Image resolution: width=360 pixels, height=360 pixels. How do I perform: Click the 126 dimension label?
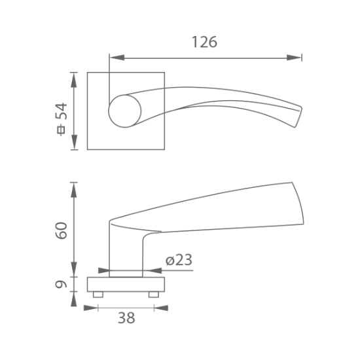pyautogui.click(x=204, y=42)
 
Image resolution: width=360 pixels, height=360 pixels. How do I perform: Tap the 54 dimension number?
pyautogui.click(x=62, y=111)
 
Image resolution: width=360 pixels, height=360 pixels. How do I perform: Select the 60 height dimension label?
pyautogui.click(x=62, y=230)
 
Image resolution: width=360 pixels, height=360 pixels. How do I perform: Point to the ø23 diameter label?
pyautogui.click(x=179, y=260)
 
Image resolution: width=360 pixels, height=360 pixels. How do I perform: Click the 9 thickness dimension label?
pyautogui.click(x=61, y=285)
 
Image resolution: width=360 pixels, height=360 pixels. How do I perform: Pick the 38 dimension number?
pyautogui.click(x=126, y=318)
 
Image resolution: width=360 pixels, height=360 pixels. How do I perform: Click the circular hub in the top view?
pyautogui.click(x=125, y=111)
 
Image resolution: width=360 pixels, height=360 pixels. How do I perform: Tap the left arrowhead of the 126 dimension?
pyautogui.click(x=117, y=58)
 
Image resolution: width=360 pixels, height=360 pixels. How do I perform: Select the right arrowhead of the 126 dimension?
pyautogui.click(x=294, y=58)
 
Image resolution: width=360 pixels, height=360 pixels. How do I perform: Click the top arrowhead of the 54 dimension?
pyautogui.click(x=74, y=80)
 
